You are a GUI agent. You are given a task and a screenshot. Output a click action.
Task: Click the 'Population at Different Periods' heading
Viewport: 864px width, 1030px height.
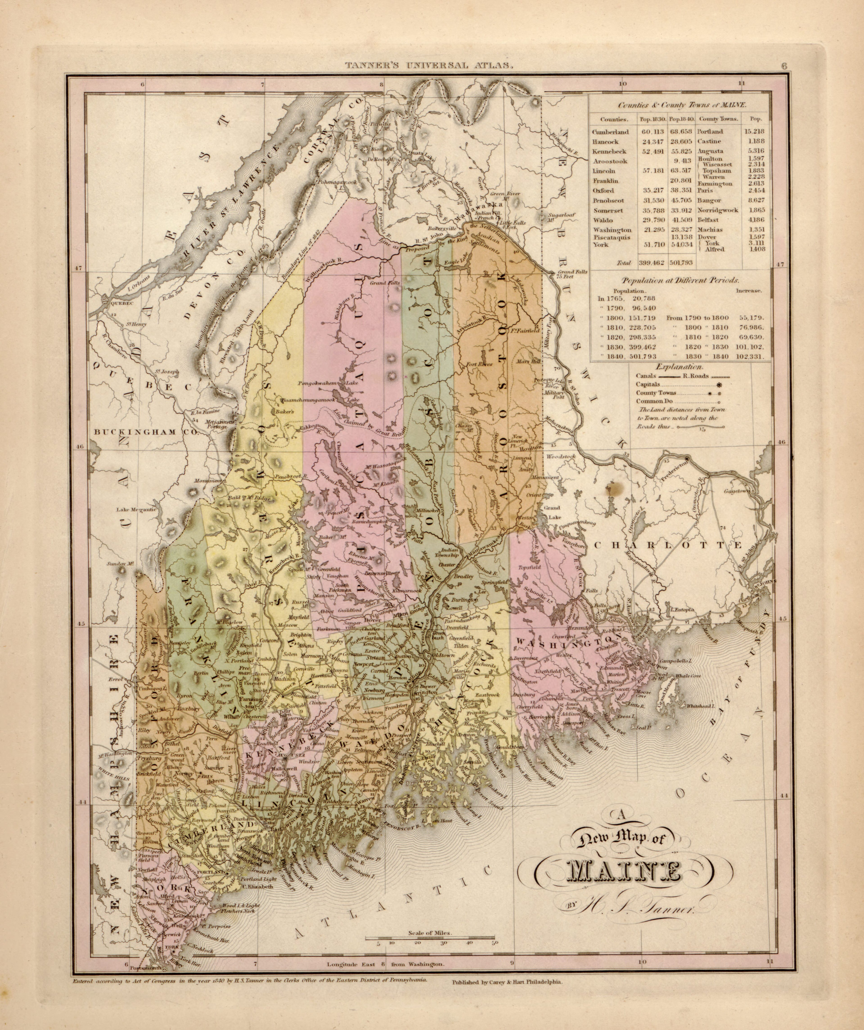pos(680,280)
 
